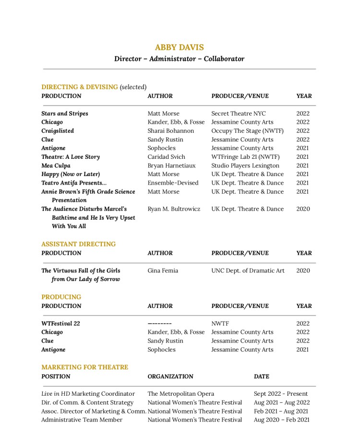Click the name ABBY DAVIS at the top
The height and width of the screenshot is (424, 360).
pyautogui.click(x=179, y=47)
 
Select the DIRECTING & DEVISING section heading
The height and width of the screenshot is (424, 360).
pyautogui.click(x=79, y=87)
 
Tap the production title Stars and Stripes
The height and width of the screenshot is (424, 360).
pyautogui.click(x=65, y=114)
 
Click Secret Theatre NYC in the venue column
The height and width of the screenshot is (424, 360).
pyautogui.click(x=238, y=114)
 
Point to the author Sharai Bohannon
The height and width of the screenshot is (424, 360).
pyautogui.click(x=170, y=131)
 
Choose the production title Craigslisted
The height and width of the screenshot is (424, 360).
pyautogui.click(x=58, y=131)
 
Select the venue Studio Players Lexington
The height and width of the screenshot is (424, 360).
pyautogui.click(x=245, y=165)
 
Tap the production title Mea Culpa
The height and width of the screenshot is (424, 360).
pyautogui.click(x=56, y=165)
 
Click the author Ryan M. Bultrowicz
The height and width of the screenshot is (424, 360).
pyautogui.click(x=174, y=209)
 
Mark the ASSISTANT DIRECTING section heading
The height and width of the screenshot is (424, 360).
pyautogui.click(x=78, y=244)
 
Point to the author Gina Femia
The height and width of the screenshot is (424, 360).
pyautogui.click(x=162, y=271)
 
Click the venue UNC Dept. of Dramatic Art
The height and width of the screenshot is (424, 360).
pyautogui.click(x=248, y=271)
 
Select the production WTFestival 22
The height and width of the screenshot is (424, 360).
pyautogui.click(x=60, y=323)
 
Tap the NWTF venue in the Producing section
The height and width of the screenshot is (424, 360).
pyautogui.click(x=220, y=323)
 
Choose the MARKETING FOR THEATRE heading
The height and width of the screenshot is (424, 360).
pyautogui.click(x=84, y=367)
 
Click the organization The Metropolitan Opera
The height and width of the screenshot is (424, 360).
pyautogui.click(x=181, y=394)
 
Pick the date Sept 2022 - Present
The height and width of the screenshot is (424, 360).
pyautogui.click(x=281, y=394)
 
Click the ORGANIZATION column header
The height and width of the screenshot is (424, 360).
pyautogui.click(x=170, y=377)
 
